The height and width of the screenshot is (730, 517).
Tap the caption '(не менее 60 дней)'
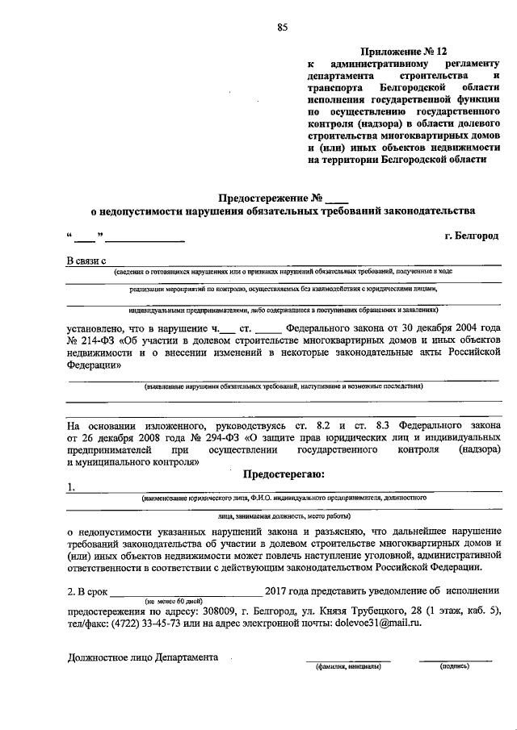[175, 602]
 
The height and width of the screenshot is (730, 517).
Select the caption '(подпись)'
[455, 667]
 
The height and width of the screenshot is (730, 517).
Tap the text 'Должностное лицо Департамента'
[143, 657]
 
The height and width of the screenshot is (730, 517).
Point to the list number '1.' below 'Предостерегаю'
[72, 486]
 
